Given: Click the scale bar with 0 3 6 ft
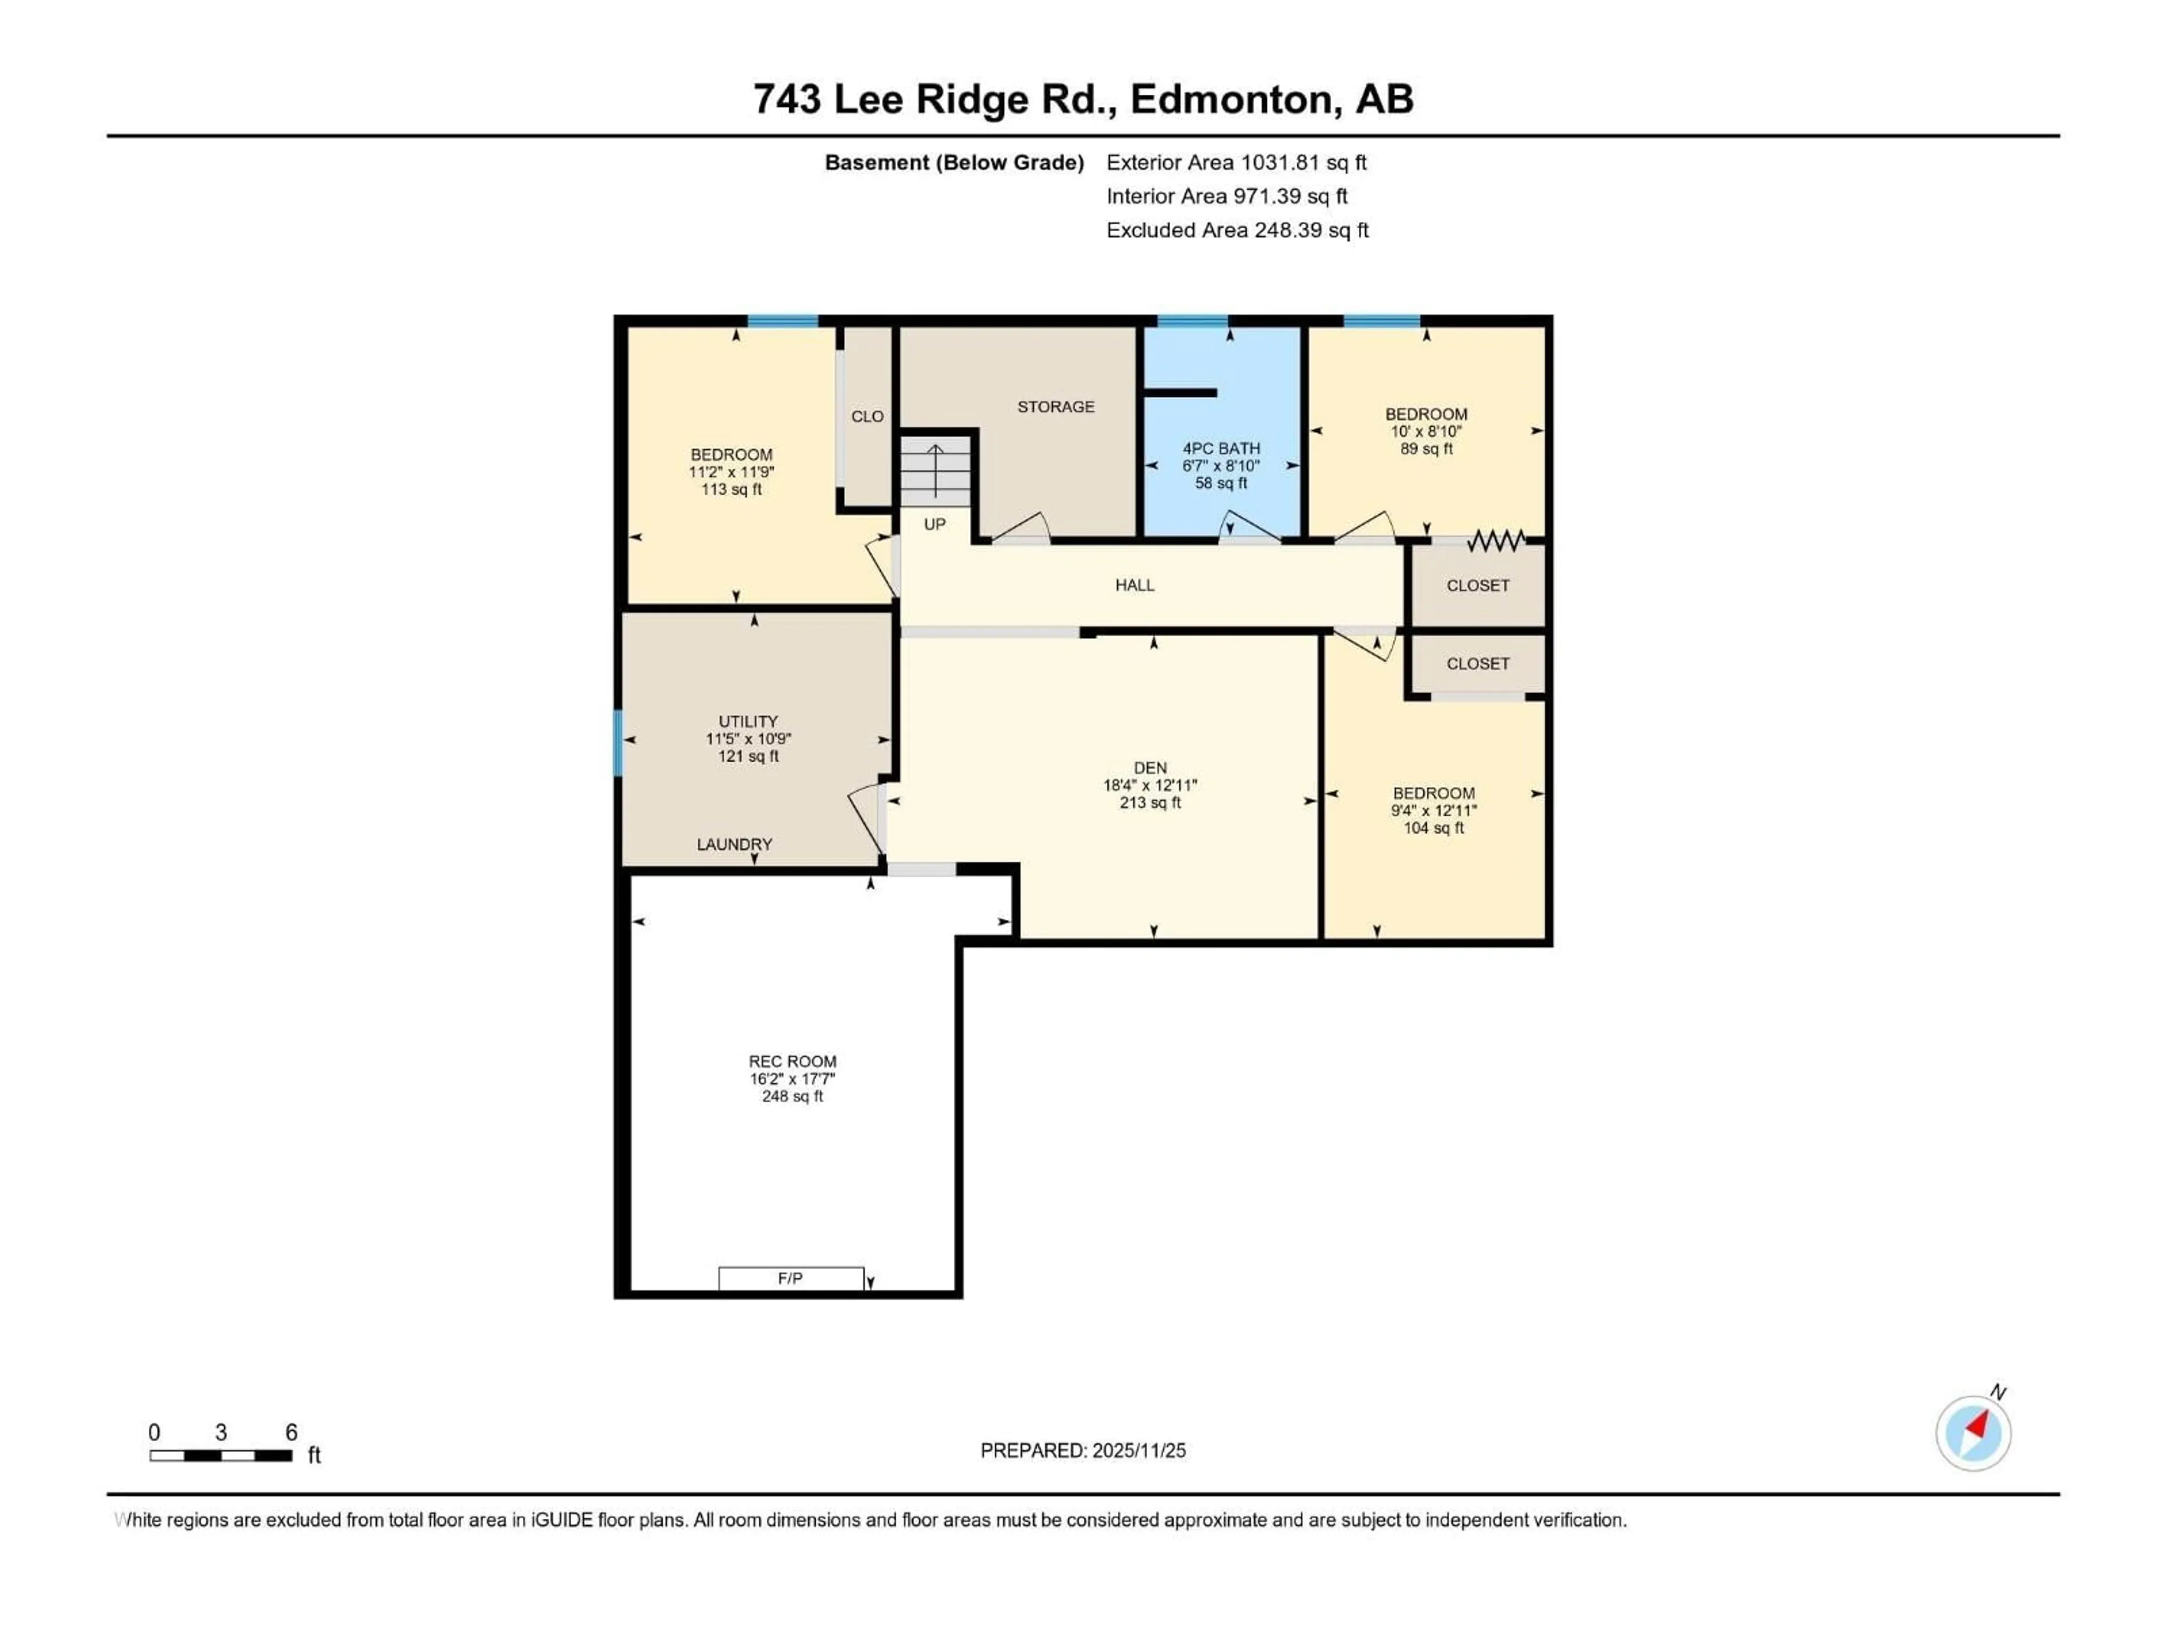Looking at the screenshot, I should pos(221,1455).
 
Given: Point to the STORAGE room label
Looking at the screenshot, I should pos(1056,406).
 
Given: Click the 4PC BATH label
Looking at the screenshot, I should pos(1221,448).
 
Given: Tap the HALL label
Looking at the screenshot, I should pos(1134,585).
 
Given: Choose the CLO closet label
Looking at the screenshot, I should pos(867,417).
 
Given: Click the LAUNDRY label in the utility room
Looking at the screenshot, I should pos(734,844).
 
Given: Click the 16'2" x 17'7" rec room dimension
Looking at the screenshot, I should pos(792,1079).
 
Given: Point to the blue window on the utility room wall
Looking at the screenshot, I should pos(618,743).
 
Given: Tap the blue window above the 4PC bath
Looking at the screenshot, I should pos(1192,321).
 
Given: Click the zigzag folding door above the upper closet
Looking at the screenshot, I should pos(1496,540).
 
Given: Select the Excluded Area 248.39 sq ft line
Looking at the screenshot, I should pos(1237,230).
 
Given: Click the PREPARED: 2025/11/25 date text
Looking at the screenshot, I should pos(1083,1450).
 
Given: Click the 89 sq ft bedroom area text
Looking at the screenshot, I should pos(1426,449).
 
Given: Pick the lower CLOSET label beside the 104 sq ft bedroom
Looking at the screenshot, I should pos(1477,663).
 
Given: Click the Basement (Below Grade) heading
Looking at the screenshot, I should pos(954,163).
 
